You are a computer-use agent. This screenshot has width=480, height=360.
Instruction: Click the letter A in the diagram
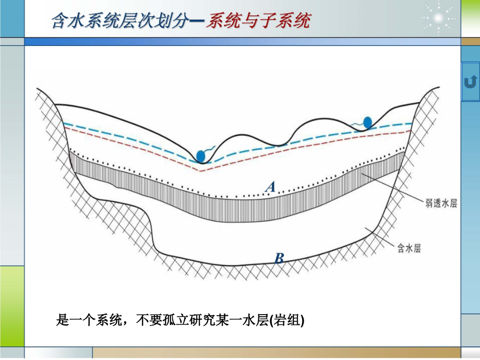[x=270, y=187]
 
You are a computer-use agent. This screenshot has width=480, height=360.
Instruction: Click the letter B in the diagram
[x=279, y=257]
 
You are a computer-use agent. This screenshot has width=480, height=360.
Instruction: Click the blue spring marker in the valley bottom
[x=200, y=155]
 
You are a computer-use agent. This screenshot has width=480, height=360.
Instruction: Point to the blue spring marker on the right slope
[x=367, y=122]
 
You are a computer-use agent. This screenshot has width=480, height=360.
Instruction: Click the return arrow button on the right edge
[x=470, y=82]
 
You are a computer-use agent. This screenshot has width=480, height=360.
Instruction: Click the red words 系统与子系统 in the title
[x=258, y=20]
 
